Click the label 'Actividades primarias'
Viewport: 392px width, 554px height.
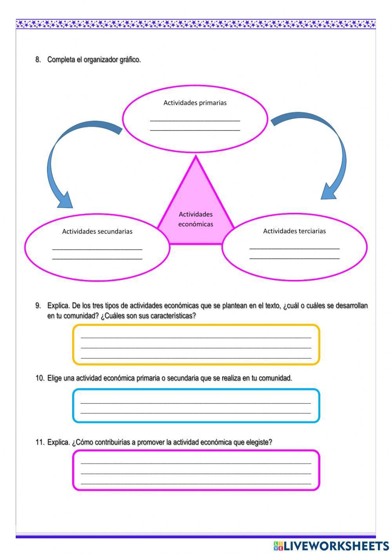coord(195,103)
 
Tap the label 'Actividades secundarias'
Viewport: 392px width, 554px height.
coord(97,231)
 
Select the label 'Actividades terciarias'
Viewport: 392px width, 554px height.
coord(294,231)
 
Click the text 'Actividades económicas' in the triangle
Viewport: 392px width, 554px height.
coord(196,219)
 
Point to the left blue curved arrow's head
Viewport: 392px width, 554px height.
coord(64,201)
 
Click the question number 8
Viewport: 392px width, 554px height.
coord(38,60)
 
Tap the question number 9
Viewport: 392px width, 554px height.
coord(38,305)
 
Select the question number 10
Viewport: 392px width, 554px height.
coord(40,378)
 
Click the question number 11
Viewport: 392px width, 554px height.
coord(40,442)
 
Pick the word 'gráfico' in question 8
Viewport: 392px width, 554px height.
coord(130,60)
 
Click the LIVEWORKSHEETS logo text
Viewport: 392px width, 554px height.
coord(336,546)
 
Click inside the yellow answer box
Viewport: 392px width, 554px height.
coord(196,345)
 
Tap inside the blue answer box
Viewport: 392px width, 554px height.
coord(196,406)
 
